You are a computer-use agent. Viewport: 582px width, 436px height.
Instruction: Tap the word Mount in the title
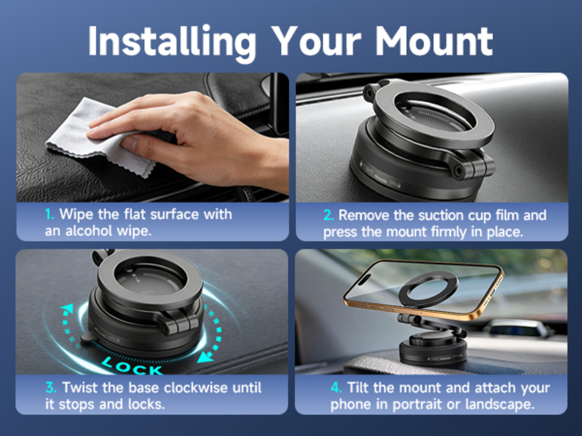[x=434, y=41]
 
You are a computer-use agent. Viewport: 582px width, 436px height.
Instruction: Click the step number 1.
[x=49, y=214]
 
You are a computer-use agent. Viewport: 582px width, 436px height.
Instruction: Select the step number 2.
[x=328, y=215]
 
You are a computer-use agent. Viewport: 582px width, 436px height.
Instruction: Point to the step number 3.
[x=51, y=388]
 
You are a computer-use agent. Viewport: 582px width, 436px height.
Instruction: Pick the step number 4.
[x=336, y=388]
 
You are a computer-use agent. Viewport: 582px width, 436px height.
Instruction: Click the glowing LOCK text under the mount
[x=132, y=365]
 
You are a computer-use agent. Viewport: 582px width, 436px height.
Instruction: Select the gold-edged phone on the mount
[x=423, y=289]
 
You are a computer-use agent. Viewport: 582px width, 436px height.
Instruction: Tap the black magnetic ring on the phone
[x=428, y=289]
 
